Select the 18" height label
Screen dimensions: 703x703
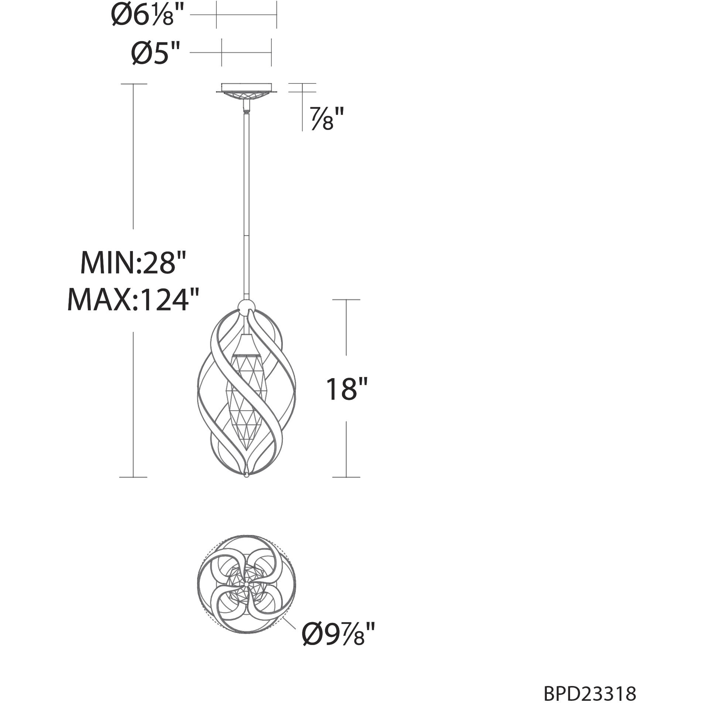[346, 388]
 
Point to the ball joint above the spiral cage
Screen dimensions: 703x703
[246, 305]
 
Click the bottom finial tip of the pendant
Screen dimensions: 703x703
[246, 477]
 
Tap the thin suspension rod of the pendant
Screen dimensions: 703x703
[246, 203]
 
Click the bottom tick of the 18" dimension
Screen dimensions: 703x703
[346, 477]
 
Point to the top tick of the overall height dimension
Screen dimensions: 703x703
[133, 84]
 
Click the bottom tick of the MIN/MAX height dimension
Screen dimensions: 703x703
[133, 477]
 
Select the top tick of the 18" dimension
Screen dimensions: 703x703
[346, 299]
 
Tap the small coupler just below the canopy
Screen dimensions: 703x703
[246, 109]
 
